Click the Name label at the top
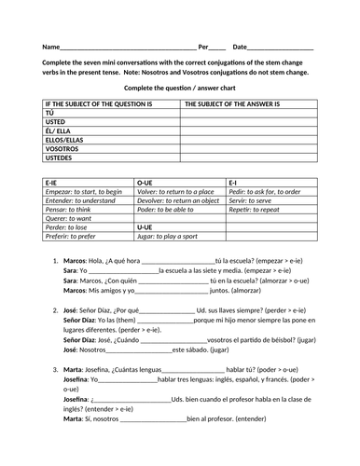coord(49,47)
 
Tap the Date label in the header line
coord(240,47)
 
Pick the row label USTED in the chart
coord(57,121)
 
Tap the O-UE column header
coord(145,182)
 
